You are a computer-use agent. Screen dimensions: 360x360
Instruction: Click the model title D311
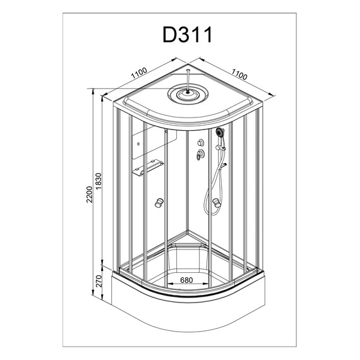click(x=188, y=35)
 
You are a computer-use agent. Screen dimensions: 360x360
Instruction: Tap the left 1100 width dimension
click(x=139, y=73)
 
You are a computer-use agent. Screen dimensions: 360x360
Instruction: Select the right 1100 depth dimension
click(x=239, y=74)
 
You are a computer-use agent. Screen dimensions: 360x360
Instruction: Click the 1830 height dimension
click(x=99, y=181)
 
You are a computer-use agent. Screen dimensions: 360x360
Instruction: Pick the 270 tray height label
click(x=99, y=281)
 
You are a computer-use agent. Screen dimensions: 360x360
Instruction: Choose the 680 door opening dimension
click(x=186, y=280)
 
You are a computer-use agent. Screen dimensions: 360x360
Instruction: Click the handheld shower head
click(x=220, y=133)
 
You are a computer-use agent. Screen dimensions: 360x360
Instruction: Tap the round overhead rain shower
click(x=188, y=94)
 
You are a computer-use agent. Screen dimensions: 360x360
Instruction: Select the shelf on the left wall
click(x=148, y=167)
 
